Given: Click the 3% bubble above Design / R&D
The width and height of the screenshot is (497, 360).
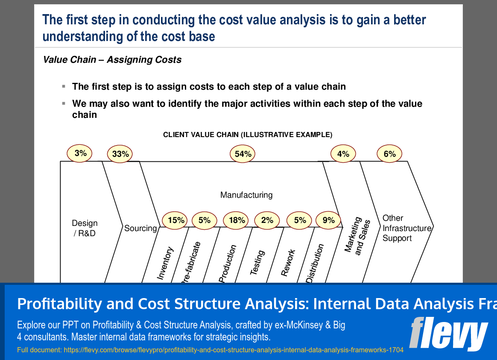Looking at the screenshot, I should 80,153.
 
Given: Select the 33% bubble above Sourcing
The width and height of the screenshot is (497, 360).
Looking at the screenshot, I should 120,154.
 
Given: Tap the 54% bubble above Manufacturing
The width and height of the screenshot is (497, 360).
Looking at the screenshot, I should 243,154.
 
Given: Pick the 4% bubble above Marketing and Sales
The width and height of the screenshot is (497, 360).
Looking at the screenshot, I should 343,154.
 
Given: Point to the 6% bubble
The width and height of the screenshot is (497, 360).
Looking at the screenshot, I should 389,154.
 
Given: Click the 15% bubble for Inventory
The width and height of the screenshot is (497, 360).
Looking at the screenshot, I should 176,220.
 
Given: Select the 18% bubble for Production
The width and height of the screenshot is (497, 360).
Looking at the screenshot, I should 237,220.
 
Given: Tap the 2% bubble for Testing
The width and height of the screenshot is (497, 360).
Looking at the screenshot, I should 267,220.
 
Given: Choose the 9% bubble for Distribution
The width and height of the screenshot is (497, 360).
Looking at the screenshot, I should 328,220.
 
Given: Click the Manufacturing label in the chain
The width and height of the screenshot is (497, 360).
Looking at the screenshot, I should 246,195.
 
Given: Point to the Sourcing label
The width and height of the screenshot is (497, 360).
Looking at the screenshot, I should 140,228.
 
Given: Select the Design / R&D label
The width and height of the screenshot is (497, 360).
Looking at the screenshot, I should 85,228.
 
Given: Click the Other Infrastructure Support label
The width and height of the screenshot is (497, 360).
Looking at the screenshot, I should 406,228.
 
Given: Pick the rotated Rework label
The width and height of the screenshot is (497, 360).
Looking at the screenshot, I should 288,263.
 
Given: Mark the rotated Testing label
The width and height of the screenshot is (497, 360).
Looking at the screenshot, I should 257,262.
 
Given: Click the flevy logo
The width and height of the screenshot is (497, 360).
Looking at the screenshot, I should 448,333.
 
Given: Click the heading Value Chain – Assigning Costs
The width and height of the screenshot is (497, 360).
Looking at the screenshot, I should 112,60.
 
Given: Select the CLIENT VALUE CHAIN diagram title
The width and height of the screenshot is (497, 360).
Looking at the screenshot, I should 248,135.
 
